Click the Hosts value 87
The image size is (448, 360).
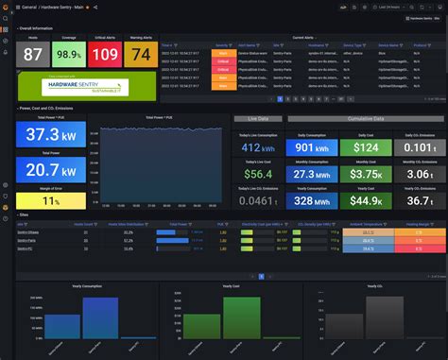33,54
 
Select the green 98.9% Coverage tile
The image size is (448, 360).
67,55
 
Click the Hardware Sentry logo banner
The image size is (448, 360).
88,87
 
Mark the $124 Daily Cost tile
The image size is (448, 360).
364,146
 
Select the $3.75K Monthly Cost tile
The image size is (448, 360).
364,174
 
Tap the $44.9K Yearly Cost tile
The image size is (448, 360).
364,200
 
